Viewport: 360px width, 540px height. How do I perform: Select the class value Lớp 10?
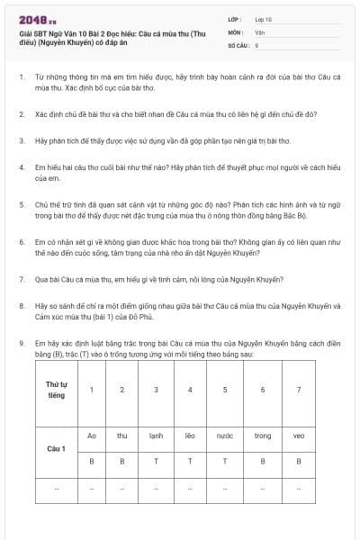point(264,19)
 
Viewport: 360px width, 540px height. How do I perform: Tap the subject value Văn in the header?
point(259,31)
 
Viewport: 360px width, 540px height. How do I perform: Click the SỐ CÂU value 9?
point(256,44)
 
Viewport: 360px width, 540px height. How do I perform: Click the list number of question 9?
point(21,343)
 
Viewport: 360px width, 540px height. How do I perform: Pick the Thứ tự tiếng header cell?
point(57,390)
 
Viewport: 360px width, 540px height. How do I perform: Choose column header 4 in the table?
point(189,390)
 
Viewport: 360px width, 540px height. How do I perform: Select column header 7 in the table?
point(298,390)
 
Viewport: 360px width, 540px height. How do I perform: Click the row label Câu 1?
point(57,447)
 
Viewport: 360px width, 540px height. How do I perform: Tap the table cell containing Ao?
point(91,436)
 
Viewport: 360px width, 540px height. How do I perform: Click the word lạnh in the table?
point(156,436)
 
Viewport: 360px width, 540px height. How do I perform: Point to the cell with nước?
point(225,436)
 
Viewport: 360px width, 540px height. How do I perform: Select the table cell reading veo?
point(298,436)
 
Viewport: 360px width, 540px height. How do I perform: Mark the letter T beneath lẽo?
point(189,460)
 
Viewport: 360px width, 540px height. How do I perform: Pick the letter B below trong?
point(262,460)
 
